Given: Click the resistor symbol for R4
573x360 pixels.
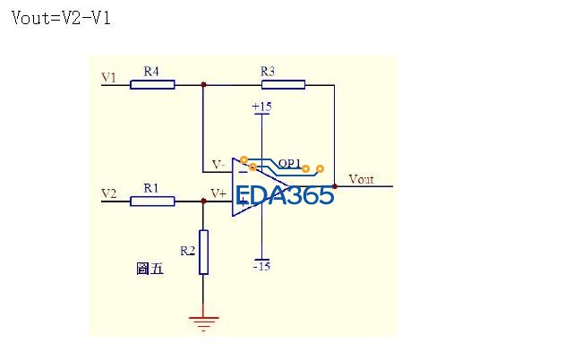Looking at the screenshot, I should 152,85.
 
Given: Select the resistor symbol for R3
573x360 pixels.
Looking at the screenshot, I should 283,85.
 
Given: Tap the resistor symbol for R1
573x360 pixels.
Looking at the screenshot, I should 152,201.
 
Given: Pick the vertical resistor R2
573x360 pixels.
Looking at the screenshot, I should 204,252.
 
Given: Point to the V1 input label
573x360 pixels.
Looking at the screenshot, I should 108,78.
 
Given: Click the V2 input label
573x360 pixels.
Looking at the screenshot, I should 108,193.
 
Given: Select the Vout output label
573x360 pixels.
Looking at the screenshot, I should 361,179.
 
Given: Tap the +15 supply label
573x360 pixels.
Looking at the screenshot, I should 261,107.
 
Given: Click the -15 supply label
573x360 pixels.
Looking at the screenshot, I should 261,266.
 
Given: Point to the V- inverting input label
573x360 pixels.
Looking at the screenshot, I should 218,165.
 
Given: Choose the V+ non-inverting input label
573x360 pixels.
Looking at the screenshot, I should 218,193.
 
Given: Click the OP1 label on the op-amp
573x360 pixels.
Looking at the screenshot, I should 288,163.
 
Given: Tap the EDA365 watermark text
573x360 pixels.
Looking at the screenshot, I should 285,196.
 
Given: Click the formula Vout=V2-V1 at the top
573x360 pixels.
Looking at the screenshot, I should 61,18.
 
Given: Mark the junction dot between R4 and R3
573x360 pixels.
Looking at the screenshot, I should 204,85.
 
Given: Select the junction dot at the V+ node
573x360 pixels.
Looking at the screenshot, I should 204,201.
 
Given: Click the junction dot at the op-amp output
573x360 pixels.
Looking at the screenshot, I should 334,186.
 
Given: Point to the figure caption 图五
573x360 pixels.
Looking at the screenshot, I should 150,269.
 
